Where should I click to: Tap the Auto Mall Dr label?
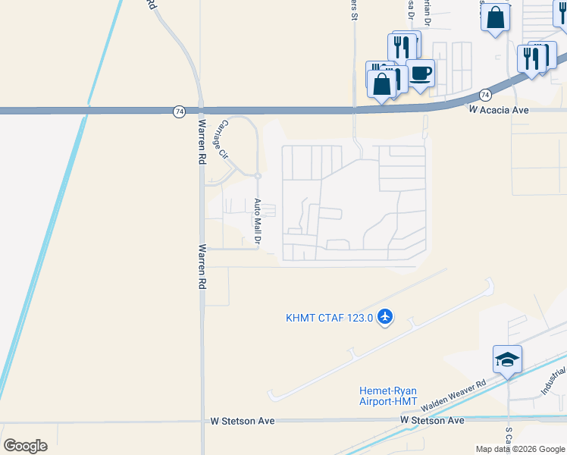pyautogui.click(x=258, y=221)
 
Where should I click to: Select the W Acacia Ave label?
pyautogui.click(x=496, y=110)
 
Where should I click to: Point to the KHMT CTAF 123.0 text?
pyautogui.click(x=330, y=318)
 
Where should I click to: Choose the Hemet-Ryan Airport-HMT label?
pyautogui.click(x=387, y=396)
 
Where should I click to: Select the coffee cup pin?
pyautogui.click(x=421, y=74)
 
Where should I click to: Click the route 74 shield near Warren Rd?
pyautogui.click(x=177, y=111)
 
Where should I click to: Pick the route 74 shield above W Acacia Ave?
pyautogui.click(x=485, y=95)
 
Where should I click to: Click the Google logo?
pyautogui.click(x=25, y=445)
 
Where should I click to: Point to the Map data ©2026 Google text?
pyautogui.click(x=520, y=449)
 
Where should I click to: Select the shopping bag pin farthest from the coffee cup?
pyautogui.click(x=495, y=17)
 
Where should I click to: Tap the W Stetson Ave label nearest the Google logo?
pyautogui.click(x=242, y=420)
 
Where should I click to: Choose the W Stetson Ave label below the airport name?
pyautogui.click(x=432, y=420)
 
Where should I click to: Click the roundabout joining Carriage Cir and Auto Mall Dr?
pyautogui.click(x=258, y=176)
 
